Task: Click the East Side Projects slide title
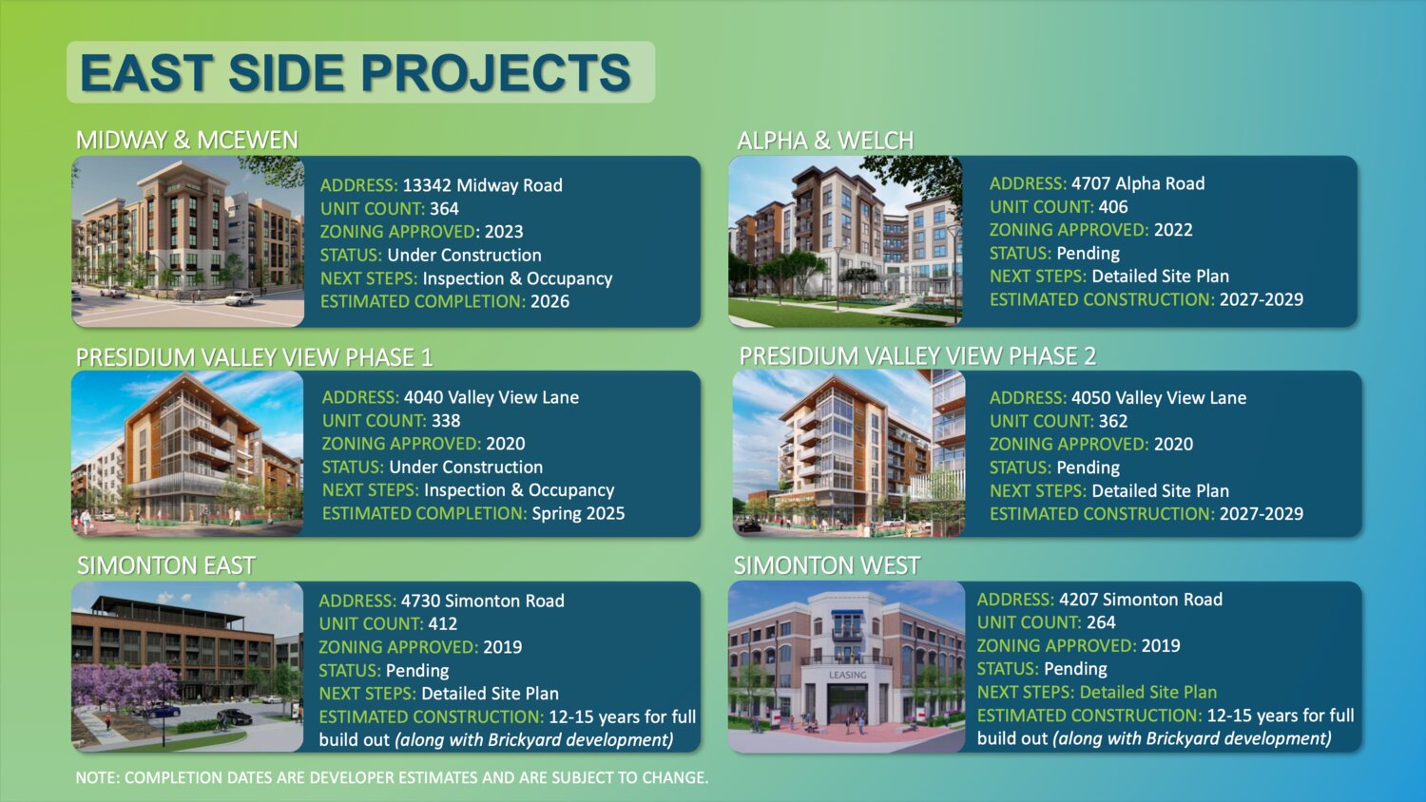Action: pyautogui.click(x=356, y=72)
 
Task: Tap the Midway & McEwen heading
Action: pyautogui.click(x=187, y=140)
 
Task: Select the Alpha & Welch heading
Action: pyautogui.click(x=825, y=140)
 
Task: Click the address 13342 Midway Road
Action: pyautogui.click(x=483, y=185)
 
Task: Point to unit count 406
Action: pyautogui.click(x=1113, y=207)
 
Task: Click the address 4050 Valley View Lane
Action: pyautogui.click(x=1159, y=398)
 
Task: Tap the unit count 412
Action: pyautogui.click(x=442, y=623)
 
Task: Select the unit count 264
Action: pyautogui.click(x=1101, y=622)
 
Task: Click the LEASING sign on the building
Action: pyautogui.click(x=847, y=675)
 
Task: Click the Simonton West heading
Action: pyautogui.click(x=826, y=565)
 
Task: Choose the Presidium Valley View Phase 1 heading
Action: pyautogui.click(x=254, y=357)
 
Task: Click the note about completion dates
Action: pyautogui.click(x=392, y=778)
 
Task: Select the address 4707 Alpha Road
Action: pyautogui.click(x=1138, y=183)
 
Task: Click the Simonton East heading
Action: pyautogui.click(x=165, y=565)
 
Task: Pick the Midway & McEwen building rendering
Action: pyautogui.click(x=188, y=241)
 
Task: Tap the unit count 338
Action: pyautogui.click(x=446, y=421)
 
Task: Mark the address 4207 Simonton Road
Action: pyautogui.click(x=1140, y=600)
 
